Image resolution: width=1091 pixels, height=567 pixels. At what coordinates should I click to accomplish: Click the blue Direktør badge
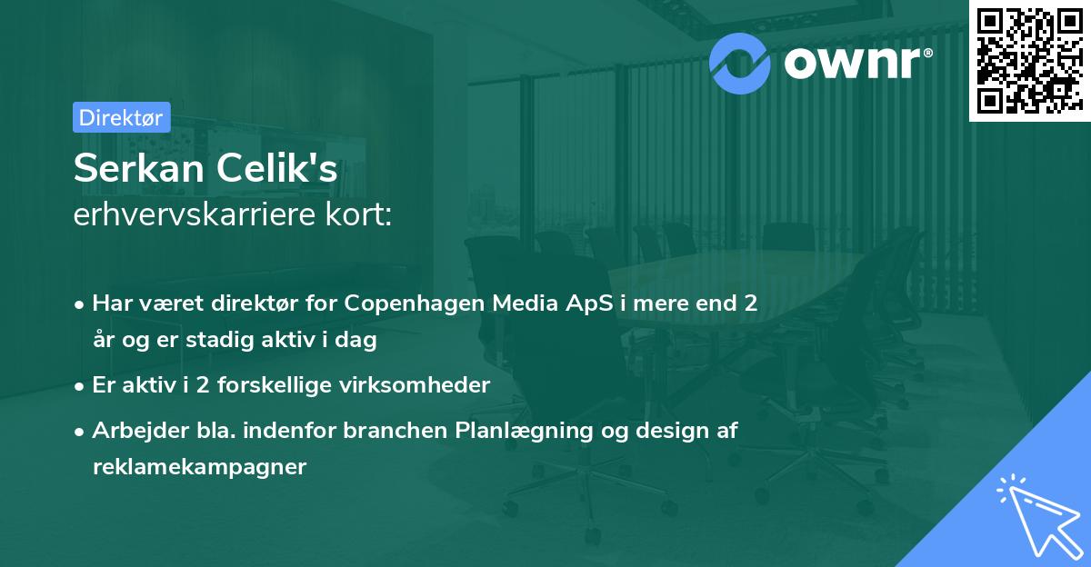point(122,117)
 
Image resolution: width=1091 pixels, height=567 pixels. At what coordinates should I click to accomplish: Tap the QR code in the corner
point(1029,61)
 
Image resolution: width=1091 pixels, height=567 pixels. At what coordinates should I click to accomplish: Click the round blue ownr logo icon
point(739,64)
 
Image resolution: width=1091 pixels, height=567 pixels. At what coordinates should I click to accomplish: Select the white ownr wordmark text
point(852,63)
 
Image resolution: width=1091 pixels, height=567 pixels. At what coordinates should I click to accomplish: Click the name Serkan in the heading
point(139,168)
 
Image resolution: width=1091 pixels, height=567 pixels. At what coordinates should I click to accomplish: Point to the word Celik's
point(276,168)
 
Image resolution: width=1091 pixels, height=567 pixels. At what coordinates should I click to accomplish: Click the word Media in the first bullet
point(525,303)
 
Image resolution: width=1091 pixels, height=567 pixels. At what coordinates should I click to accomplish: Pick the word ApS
point(589,304)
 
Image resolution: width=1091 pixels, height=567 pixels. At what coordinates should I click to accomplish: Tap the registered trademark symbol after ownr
point(927,53)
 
